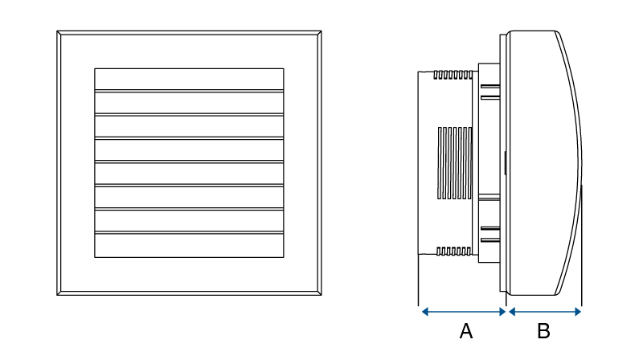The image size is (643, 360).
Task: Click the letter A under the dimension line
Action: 465,330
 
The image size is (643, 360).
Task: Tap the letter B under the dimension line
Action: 543,330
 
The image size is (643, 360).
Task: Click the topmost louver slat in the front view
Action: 189,79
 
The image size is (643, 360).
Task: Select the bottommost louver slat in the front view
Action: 189,246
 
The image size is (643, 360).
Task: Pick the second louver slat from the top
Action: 189,103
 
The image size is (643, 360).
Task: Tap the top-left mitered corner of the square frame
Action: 59,34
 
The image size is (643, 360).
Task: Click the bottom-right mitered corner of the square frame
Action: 319,292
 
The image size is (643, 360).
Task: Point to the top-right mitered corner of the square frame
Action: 319,34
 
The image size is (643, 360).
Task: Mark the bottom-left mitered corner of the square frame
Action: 59,292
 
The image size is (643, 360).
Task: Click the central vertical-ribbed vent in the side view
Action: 454,163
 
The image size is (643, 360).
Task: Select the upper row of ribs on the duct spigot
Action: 453,75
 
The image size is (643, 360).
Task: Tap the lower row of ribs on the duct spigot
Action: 453,252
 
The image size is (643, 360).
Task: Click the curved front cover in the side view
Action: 543,161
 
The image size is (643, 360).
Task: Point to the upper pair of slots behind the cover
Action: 490,90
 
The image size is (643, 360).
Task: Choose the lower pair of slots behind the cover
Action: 490,234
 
